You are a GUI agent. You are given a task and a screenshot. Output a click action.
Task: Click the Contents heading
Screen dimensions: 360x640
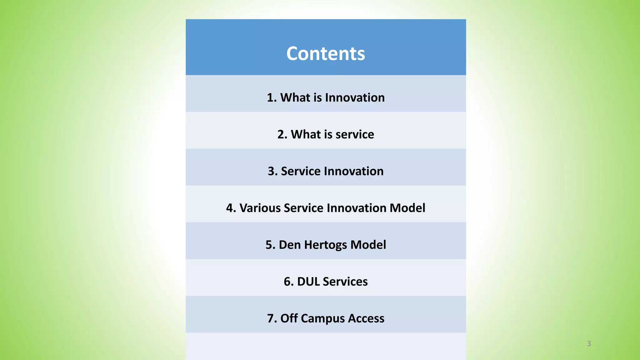pyautogui.click(x=326, y=53)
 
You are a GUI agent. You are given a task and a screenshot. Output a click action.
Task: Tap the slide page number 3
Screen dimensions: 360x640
pyautogui.click(x=589, y=343)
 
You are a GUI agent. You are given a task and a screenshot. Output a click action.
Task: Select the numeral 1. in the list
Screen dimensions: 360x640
pyautogui.click(x=272, y=97)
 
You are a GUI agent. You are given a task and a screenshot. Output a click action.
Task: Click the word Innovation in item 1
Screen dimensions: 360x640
pyautogui.click(x=355, y=97)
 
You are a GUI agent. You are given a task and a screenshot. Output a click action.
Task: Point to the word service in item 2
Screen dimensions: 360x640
pyautogui.click(x=355, y=134)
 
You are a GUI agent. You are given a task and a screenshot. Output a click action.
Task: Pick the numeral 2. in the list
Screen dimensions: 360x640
pyautogui.click(x=282, y=134)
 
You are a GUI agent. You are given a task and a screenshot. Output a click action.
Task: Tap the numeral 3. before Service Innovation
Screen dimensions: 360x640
pyautogui.click(x=272, y=171)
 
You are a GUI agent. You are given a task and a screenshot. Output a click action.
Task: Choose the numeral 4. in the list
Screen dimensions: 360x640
pyautogui.click(x=231, y=208)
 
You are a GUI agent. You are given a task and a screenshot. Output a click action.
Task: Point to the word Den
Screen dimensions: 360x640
pyautogui.click(x=289, y=245)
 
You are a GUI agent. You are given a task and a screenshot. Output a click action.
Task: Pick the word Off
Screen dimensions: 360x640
pyautogui.click(x=289, y=318)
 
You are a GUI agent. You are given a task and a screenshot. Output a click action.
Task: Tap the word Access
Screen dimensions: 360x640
pyautogui.click(x=366, y=318)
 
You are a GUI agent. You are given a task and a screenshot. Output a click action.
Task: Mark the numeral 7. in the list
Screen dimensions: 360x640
pyautogui.click(x=272, y=318)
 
